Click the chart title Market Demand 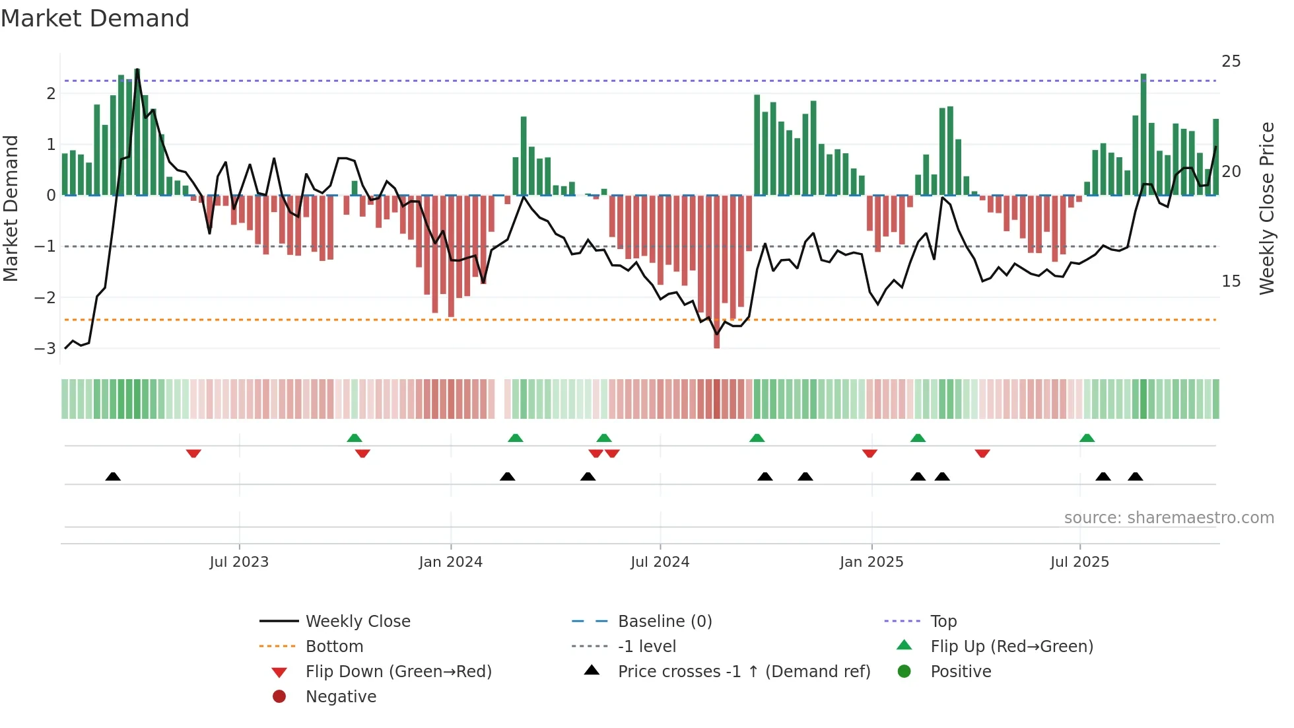click(x=95, y=18)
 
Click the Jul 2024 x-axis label click(x=660, y=562)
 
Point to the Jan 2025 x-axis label click(x=871, y=562)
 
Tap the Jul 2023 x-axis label click(x=239, y=562)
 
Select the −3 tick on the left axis click(x=46, y=348)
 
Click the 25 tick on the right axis click(x=1231, y=61)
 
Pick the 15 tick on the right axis click(x=1231, y=281)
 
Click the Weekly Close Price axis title click(x=1266, y=208)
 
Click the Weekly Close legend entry click(x=357, y=622)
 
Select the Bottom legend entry click(x=334, y=647)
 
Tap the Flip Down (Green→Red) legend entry click(x=398, y=672)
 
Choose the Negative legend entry click(x=341, y=697)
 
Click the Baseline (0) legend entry click(x=664, y=622)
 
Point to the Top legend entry click(x=943, y=622)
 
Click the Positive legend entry click(x=961, y=672)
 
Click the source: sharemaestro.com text click(x=1169, y=518)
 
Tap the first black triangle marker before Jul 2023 click(x=113, y=476)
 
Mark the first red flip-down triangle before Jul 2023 click(x=193, y=453)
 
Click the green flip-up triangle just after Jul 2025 click(x=1087, y=438)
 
